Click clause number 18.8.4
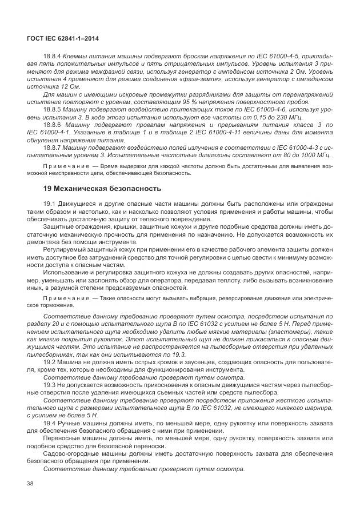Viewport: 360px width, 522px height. [54, 56]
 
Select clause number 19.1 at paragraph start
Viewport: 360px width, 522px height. [50, 204]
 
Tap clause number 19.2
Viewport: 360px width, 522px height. [50, 362]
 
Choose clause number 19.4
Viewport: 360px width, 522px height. [50, 422]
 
